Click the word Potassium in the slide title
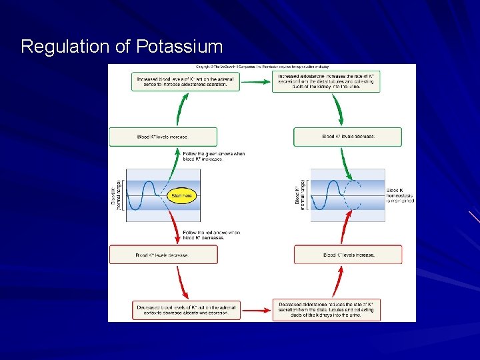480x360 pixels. tap(179, 47)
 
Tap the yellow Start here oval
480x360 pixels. tap(182, 195)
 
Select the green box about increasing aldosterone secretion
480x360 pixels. tap(186, 81)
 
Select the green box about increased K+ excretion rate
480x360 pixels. tap(327, 81)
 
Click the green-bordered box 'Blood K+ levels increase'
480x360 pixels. tap(163, 137)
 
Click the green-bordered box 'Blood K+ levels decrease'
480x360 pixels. tap(347, 137)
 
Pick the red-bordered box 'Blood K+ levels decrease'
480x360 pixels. tap(163, 255)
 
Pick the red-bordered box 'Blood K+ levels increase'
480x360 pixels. tap(347, 255)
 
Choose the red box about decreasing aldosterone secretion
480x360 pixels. tap(186, 310)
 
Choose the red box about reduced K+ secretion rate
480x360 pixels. tap(327, 310)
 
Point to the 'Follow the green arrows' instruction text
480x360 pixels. tap(213, 156)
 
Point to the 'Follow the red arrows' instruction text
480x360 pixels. tap(211, 234)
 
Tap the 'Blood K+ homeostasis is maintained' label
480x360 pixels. tap(400, 195)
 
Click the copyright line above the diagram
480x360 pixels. tap(262, 67)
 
